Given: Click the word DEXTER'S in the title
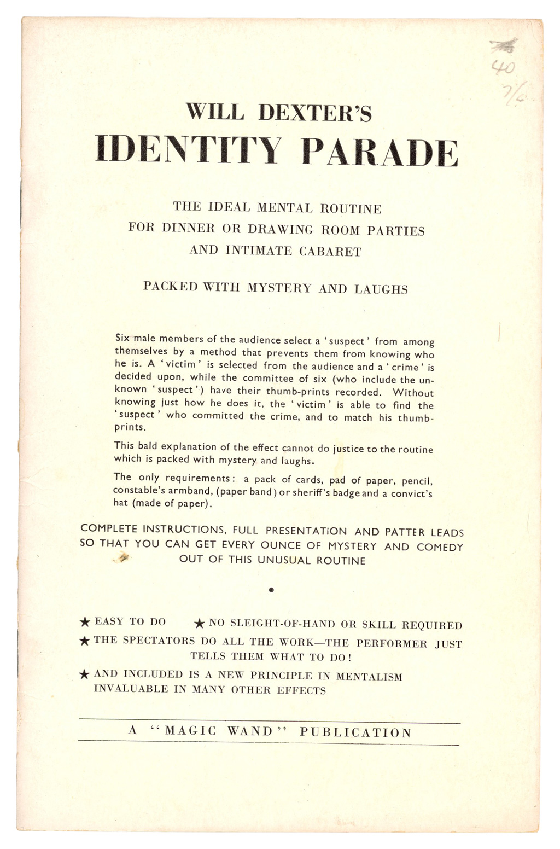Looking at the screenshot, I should click(x=314, y=113).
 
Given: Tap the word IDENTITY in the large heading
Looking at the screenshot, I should click(x=188, y=150).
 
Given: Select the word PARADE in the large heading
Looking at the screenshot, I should click(x=380, y=152).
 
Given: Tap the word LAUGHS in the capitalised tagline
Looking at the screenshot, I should click(x=381, y=289).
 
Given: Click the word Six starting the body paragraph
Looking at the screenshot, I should click(x=122, y=338).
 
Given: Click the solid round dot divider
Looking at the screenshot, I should click(x=271, y=590).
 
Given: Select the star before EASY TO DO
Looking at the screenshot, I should click(x=85, y=621).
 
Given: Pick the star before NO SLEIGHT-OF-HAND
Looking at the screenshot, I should click(x=200, y=623).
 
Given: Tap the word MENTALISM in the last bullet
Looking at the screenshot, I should click(x=369, y=677).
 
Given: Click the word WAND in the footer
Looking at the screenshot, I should click(x=250, y=731).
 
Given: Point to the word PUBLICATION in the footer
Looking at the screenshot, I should click(x=355, y=732).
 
